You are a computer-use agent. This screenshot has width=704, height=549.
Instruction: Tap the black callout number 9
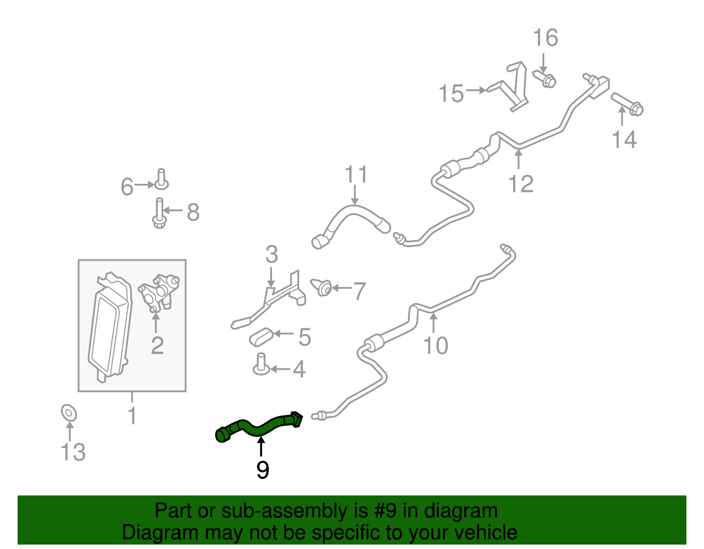[262, 470]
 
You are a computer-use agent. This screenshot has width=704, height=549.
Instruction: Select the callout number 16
[546, 37]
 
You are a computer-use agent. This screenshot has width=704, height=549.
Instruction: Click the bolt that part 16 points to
[544, 78]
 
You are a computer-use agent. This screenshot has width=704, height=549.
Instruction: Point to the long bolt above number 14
[627, 104]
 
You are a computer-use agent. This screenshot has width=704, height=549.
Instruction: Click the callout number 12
[521, 184]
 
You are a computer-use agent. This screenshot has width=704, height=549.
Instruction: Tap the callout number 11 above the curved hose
[356, 174]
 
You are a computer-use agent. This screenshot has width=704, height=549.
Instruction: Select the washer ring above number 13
[69, 413]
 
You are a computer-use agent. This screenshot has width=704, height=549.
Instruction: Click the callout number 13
[73, 452]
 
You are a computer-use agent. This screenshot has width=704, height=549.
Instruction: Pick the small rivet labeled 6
[161, 179]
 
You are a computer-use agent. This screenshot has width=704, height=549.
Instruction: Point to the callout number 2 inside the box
[158, 346]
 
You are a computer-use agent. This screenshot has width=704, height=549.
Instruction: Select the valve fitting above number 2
[159, 293]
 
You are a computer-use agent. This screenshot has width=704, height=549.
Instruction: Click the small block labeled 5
[261, 337]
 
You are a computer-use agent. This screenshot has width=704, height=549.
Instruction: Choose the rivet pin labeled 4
[261, 364]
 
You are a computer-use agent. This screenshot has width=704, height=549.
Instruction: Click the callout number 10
[436, 346]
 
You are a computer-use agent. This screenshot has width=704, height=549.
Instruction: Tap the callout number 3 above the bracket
[271, 254]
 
